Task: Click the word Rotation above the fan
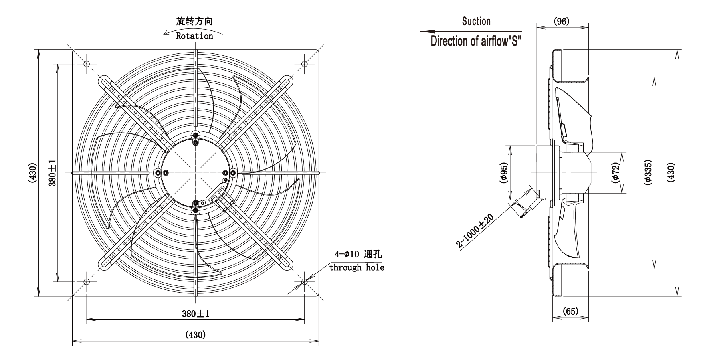pyautogui.click(x=194, y=36)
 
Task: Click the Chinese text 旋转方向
pyautogui.click(x=194, y=21)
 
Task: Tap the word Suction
pyautogui.click(x=476, y=21)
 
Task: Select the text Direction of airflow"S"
pyautogui.click(x=476, y=41)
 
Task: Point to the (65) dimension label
pyautogui.click(x=570, y=311)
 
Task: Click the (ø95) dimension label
pyautogui.click(x=504, y=173)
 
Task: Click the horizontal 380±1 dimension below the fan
pyautogui.click(x=196, y=313)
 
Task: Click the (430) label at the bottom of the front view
pyautogui.click(x=195, y=334)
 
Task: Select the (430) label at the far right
pyautogui.click(x=671, y=173)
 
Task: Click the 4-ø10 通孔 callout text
pyautogui.click(x=358, y=254)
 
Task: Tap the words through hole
pyautogui.click(x=357, y=267)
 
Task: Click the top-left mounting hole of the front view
pyautogui.click(x=87, y=64)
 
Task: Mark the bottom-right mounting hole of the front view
pyautogui.click(x=304, y=282)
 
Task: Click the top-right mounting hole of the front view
pyautogui.click(x=304, y=64)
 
